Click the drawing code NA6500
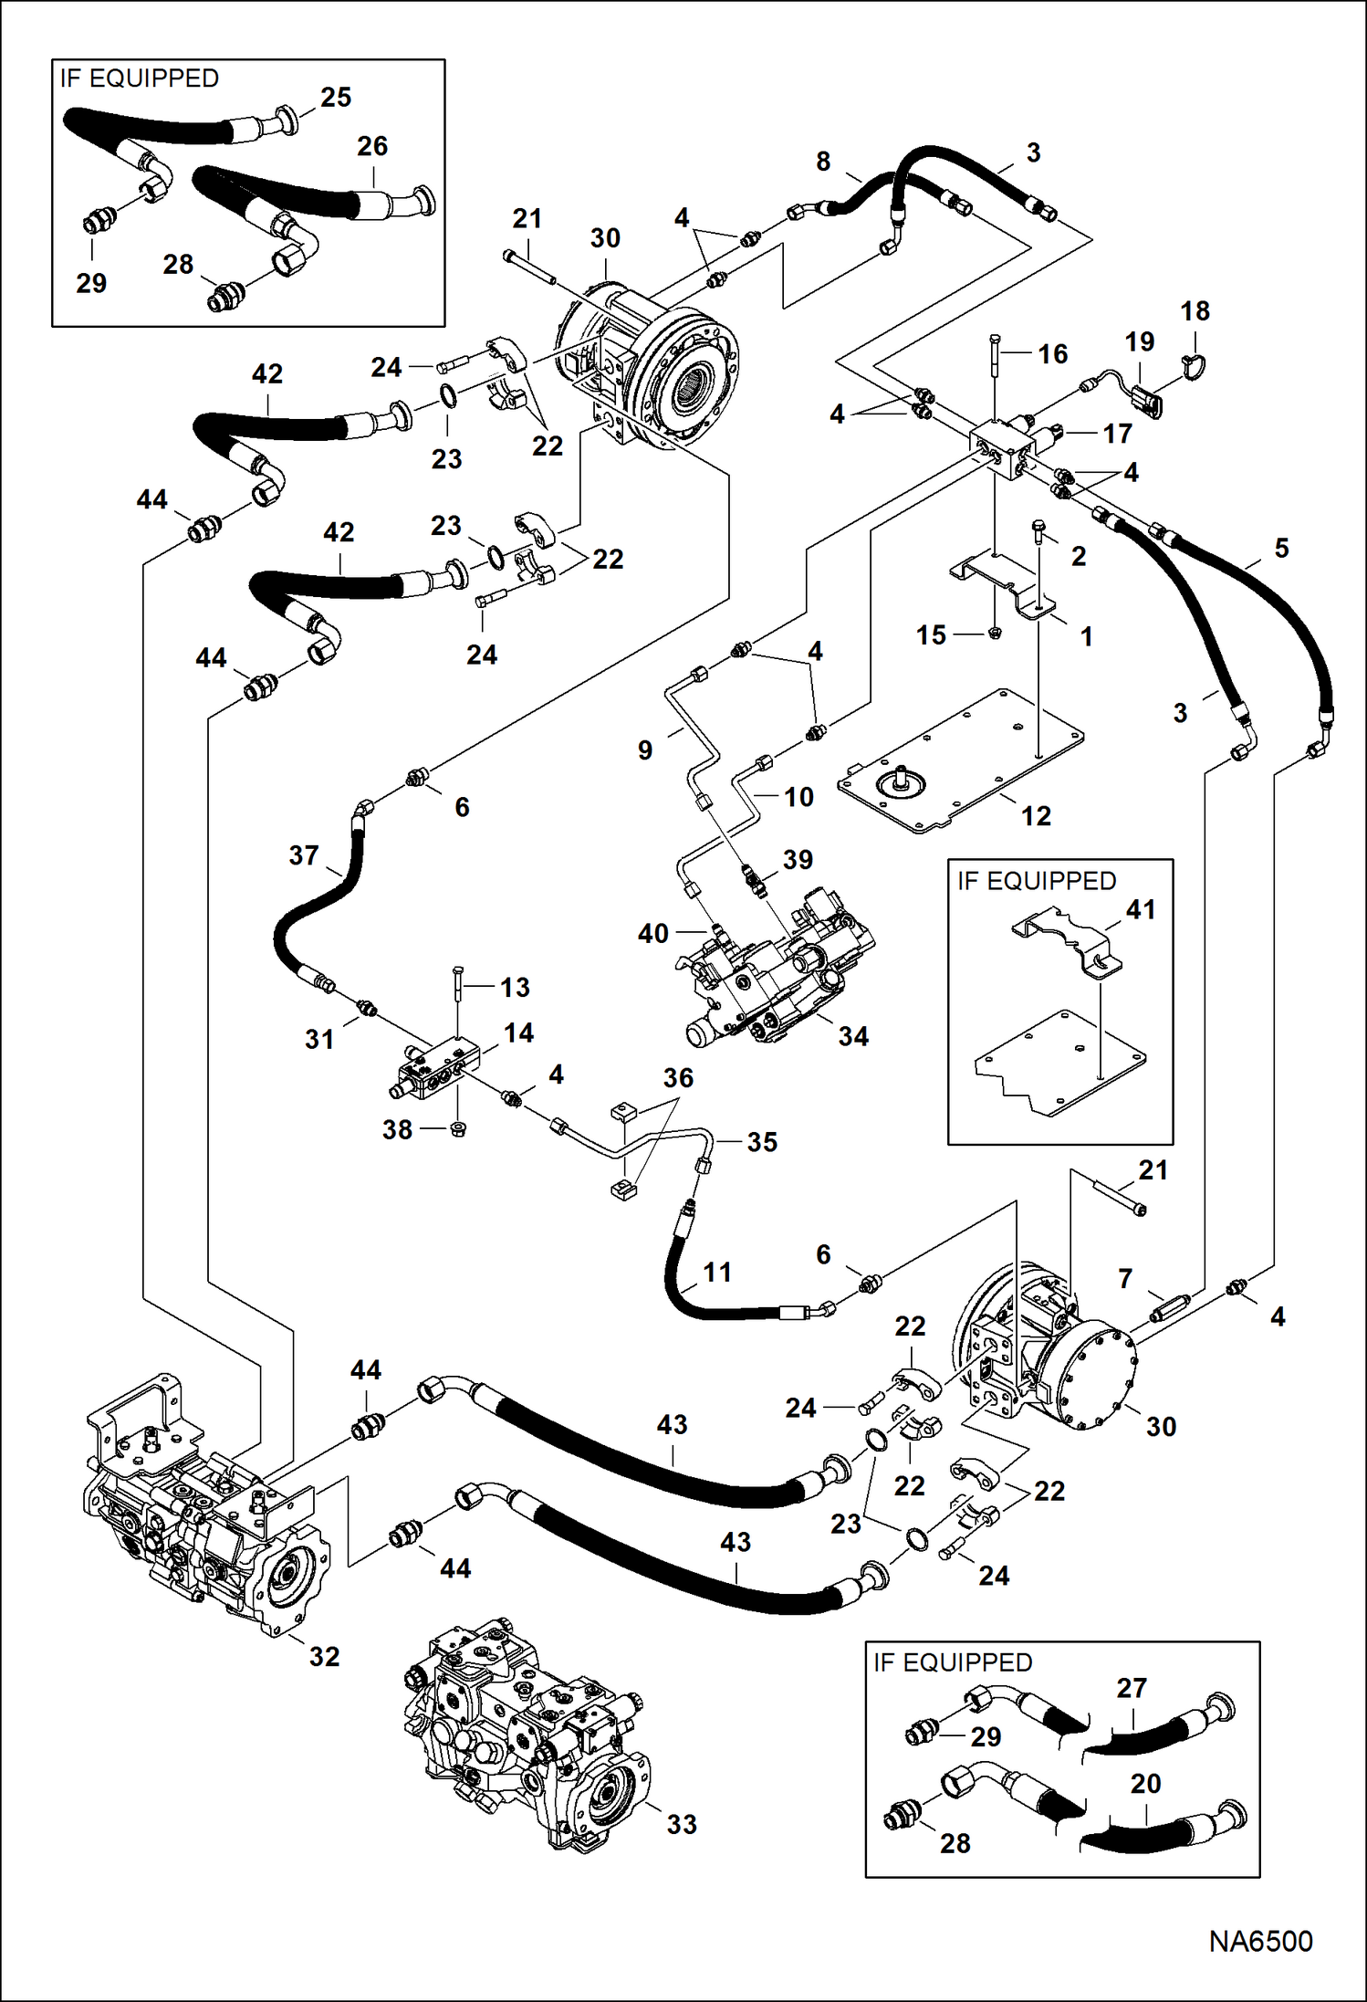coord(1260,1941)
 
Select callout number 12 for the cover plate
coord(1036,815)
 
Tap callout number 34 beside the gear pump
coord(853,1036)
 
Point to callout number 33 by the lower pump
coord(682,1824)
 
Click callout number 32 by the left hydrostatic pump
coord(324,1656)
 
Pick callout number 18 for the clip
coord(1195,311)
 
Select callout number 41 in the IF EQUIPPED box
coord(1141,909)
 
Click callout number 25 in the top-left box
coord(336,97)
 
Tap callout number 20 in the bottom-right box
coord(1145,1783)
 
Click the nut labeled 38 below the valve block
coord(460,1129)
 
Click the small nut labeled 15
coord(995,632)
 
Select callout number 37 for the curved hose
coord(304,855)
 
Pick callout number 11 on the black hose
coord(717,1272)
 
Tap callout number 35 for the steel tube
coord(762,1142)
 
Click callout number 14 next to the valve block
coord(518,1032)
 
